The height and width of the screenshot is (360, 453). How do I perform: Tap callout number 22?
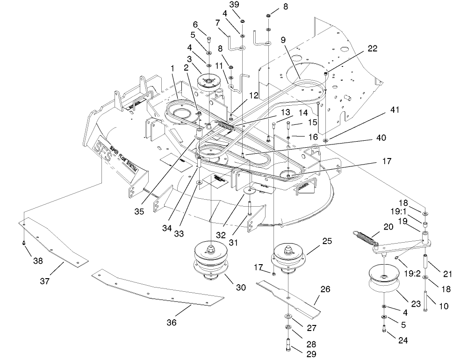click(x=373, y=48)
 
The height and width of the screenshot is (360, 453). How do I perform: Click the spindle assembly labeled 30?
click(x=213, y=262)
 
